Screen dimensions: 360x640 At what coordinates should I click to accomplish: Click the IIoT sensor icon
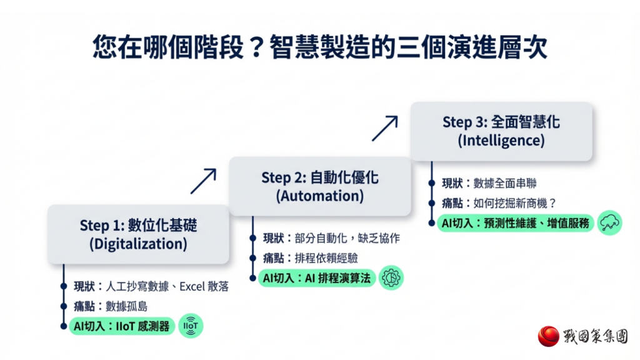click(x=191, y=326)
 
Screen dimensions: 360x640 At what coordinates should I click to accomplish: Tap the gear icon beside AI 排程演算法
click(x=391, y=277)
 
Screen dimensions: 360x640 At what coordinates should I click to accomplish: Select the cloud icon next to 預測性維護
click(x=609, y=222)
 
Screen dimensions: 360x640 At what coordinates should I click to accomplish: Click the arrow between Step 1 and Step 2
click(x=203, y=181)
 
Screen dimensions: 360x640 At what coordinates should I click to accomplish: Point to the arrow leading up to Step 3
click(x=384, y=128)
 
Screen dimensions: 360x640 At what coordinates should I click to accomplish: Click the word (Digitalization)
click(x=138, y=244)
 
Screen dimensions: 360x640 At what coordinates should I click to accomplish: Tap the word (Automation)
click(x=319, y=196)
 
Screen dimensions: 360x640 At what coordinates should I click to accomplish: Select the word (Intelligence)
click(x=501, y=140)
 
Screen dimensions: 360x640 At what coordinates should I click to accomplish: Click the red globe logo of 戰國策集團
click(x=549, y=336)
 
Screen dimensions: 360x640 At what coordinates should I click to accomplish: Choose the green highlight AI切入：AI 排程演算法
click(x=317, y=277)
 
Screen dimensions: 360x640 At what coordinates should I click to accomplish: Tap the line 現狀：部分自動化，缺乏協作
click(x=331, y=238)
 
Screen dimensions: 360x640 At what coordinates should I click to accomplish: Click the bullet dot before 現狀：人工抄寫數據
click(x=64, y=287)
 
